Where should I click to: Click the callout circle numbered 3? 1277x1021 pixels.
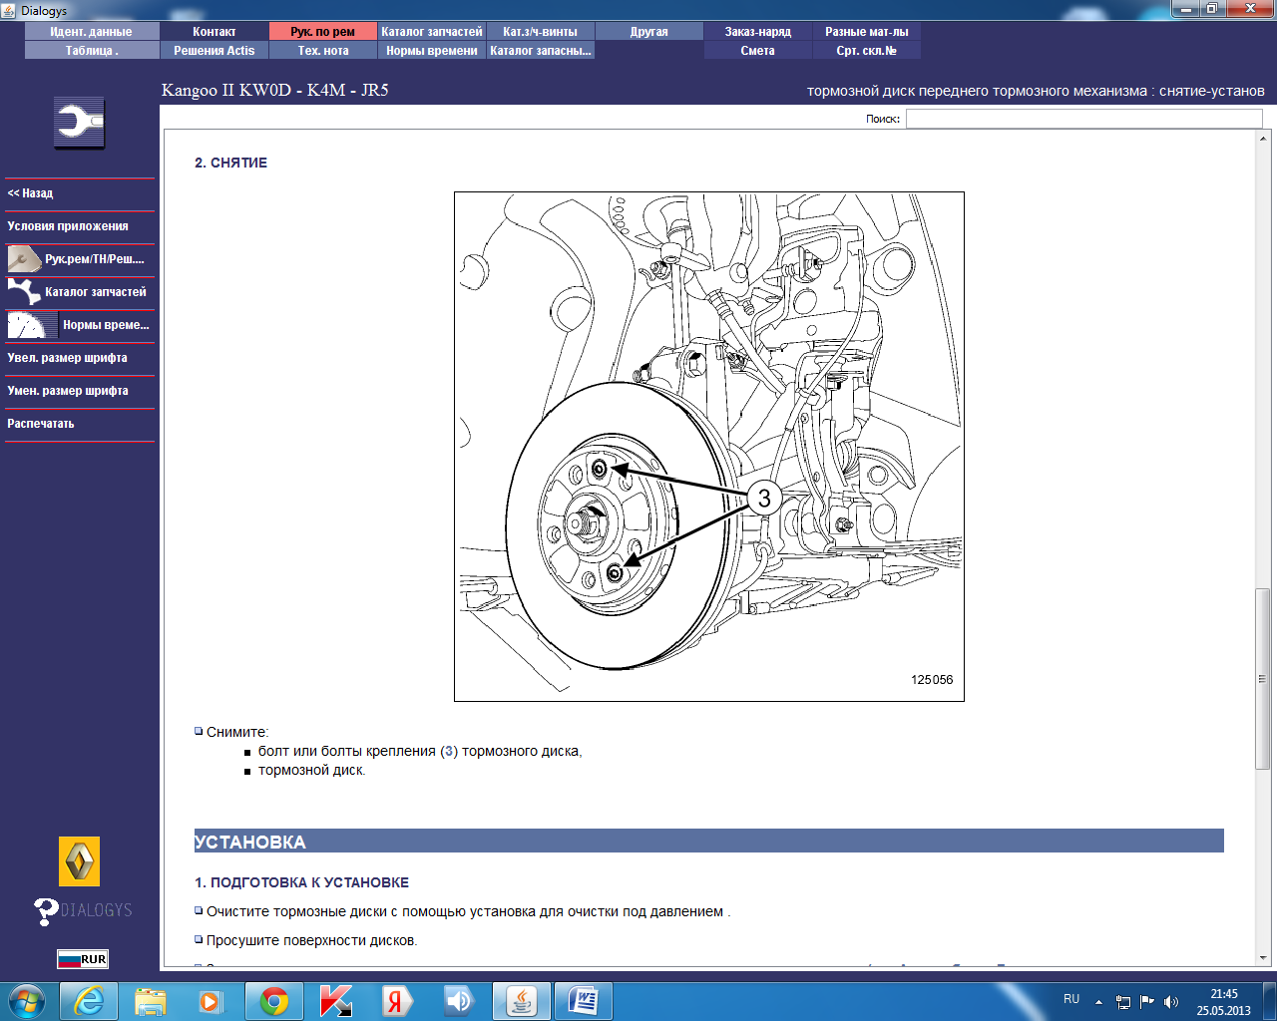[764, 499]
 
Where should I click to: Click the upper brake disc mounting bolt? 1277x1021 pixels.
[600, 470]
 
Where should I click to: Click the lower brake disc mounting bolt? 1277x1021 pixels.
[615, 573]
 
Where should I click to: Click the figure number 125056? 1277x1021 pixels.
[932, 680]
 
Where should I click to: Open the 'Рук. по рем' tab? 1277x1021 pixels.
[323, 32]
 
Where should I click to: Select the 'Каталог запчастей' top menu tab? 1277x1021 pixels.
[431, 32]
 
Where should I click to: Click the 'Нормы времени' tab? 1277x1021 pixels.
[431, 51]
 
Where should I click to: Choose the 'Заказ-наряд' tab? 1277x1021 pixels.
[758, 32]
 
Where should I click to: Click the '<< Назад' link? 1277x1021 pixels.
[30, 193]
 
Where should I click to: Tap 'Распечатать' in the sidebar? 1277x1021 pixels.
[40, 424]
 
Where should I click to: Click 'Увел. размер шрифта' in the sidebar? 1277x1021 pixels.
[67, 358]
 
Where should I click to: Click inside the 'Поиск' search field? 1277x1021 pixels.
[1083, 119]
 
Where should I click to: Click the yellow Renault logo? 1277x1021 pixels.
[80, 861]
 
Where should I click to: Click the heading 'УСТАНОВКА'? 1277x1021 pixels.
[249, 842]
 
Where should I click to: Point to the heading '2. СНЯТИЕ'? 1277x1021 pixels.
[230, 163]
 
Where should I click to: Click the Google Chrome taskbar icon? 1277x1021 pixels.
[274, 1001]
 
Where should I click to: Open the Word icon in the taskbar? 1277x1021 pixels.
[583, 1001]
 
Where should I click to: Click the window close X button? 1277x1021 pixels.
[1250, 8]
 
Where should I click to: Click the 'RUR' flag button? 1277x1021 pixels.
[83, 959]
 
